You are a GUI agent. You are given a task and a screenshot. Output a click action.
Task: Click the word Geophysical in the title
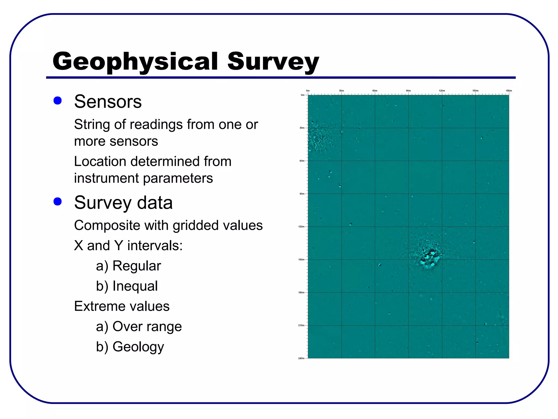135,62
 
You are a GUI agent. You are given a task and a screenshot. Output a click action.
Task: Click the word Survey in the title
273,62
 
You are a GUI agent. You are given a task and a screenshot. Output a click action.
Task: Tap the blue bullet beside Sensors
57,101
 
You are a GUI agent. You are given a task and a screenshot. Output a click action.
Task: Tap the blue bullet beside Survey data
57,202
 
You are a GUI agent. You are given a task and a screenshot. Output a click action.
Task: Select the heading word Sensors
108,101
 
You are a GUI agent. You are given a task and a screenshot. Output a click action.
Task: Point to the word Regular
137,266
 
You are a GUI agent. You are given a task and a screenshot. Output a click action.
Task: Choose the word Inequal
135,286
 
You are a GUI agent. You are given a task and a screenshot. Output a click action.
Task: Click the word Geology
138,347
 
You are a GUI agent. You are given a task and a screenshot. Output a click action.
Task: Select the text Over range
147,327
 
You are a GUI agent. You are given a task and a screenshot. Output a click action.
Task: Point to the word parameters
178,178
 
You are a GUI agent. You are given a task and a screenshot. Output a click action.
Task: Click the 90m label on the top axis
408,91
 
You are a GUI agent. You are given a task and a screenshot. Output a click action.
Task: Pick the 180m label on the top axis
509,91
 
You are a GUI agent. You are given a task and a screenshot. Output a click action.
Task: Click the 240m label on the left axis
301,358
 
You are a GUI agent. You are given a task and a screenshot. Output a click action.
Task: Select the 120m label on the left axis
301,227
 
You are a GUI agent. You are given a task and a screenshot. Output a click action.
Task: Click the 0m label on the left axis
302,95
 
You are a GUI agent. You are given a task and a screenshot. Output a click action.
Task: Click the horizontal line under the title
281,78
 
